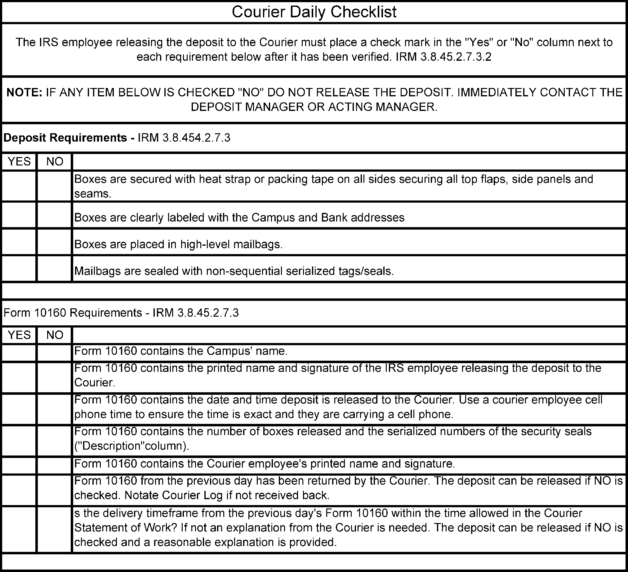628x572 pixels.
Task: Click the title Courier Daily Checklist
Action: (314, 12)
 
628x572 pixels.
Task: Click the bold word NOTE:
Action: (24, 92)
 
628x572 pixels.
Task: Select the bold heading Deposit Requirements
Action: (65, 138)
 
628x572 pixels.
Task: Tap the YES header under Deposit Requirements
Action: (19, 161)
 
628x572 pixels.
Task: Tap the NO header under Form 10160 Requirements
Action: (55, 335)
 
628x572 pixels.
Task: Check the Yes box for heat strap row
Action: (19, 186)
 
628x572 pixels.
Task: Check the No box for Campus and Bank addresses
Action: (55, 215)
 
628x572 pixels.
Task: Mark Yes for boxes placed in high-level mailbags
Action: (19, 242)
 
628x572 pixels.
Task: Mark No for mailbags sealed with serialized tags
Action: (55, 269)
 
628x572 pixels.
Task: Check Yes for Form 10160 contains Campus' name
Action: (19, 353)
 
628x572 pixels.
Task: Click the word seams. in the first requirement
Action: (92, 194)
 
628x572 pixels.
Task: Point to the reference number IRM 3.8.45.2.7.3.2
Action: (443, 57)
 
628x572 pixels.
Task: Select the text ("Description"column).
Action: (132, 446)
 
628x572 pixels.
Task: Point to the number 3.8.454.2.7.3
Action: (184, 138)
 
